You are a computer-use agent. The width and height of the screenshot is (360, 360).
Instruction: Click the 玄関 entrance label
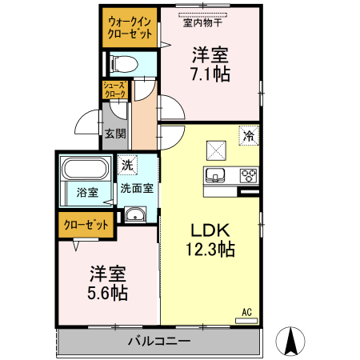[x=114, y=134]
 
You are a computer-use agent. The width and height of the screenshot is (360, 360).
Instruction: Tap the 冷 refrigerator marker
[x=249, y=136]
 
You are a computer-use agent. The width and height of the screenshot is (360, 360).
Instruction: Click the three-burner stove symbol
[x=246, y=176]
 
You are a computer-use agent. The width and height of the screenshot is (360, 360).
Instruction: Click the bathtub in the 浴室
[x=84, y=171]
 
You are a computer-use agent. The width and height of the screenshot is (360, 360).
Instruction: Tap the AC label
[x=246, y=311]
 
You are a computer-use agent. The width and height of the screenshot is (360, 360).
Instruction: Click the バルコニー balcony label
[x=159, y=342]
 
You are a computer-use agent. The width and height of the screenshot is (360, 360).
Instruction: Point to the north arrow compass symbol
[x=291, y=342]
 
